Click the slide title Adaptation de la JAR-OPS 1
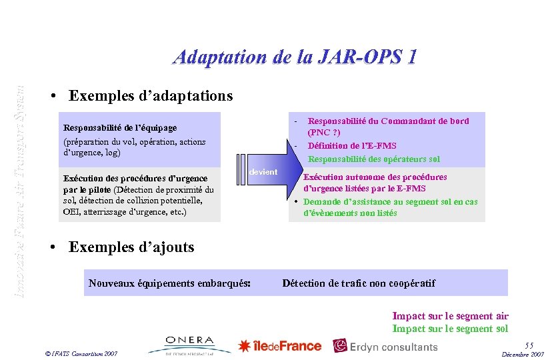295,57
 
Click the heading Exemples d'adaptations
151,96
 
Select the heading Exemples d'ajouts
131,247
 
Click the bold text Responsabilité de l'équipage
129,127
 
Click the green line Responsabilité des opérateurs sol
373,159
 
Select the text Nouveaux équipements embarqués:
169,283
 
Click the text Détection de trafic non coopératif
359,283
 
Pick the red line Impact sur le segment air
450,316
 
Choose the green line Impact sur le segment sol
450,328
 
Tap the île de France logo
280,346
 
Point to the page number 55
529,345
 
